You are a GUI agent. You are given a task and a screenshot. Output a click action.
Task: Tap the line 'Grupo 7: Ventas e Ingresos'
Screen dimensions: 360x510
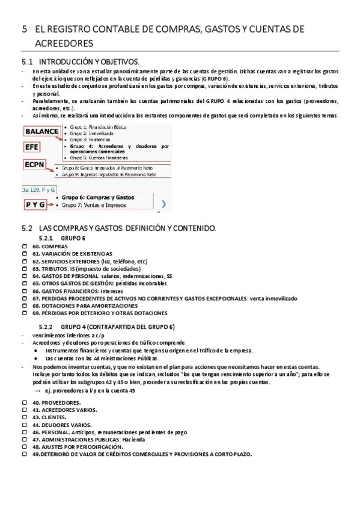pos(97,205)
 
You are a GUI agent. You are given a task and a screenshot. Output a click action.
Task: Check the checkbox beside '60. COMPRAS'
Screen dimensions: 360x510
pos(25,247)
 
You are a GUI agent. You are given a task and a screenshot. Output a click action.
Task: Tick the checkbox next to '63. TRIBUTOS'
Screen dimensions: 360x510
pos(25,269)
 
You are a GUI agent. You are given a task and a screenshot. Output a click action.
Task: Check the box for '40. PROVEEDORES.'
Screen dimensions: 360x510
pos(25,401)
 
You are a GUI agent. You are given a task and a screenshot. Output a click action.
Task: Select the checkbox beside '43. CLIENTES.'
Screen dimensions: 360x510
pos(25,417)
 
